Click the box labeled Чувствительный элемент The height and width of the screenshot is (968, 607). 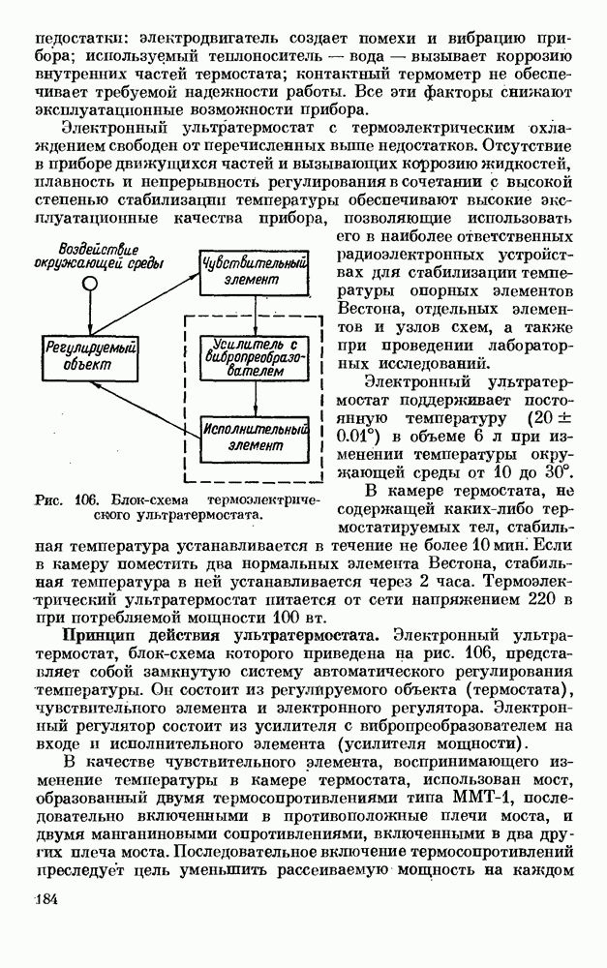coord(255,271)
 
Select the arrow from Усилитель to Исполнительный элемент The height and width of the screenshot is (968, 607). coord(255,399)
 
